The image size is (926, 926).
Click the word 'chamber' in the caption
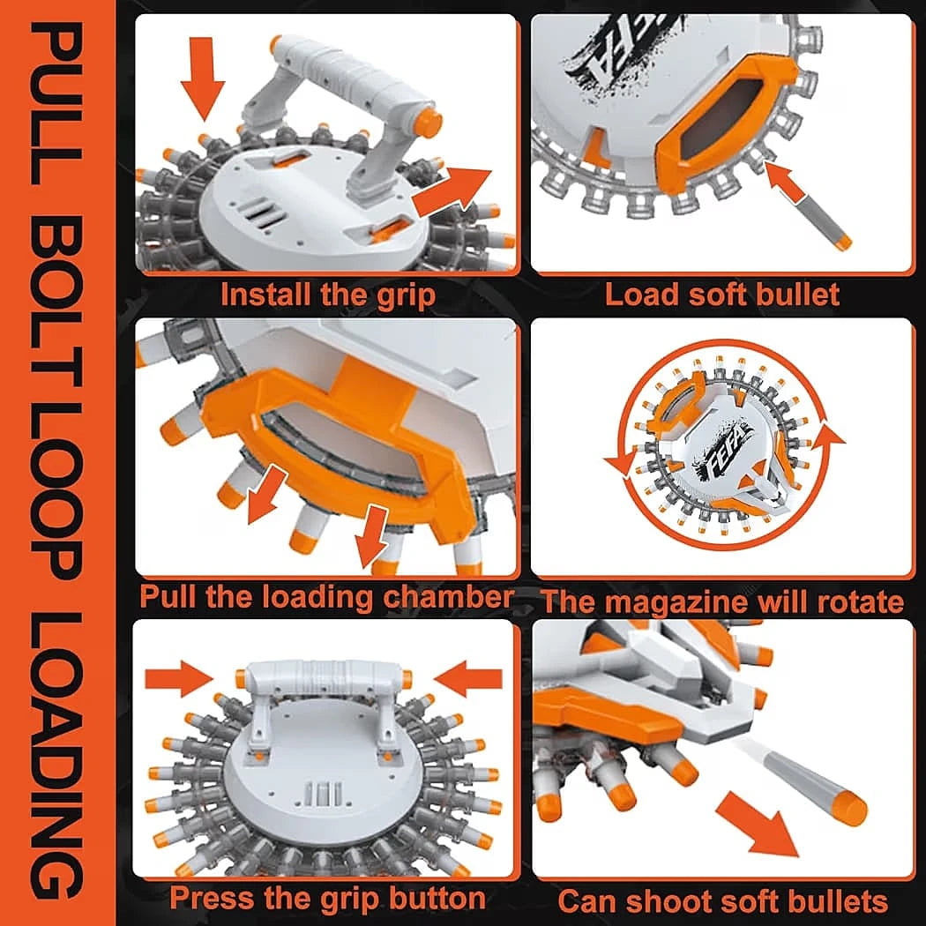click(x=448, y=596)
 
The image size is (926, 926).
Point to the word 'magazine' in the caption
click(x=675, y=601)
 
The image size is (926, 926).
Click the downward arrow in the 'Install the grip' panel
click(x=203, y=78)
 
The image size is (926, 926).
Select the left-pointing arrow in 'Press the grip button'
click(x=467, y=679)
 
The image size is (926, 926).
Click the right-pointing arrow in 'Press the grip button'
click(x=180, y=679)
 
